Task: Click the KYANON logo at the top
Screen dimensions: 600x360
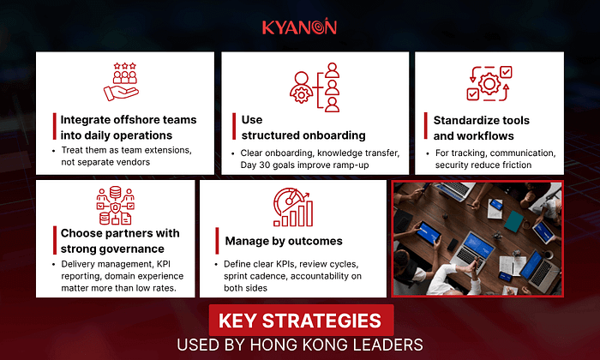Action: [299, 27]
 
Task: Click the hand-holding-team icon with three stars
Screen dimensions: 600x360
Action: [122, 82]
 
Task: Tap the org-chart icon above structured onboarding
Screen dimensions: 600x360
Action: [315, 87]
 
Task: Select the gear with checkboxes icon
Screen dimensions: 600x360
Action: [489, 83]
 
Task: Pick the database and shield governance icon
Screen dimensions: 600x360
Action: [115, 206]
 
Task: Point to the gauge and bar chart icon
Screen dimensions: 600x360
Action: [293, 207]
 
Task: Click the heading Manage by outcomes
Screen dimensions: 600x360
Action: [284, 241]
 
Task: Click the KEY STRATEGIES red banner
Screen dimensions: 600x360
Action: [301, 321]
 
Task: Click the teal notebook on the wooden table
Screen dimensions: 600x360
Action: [513, 221]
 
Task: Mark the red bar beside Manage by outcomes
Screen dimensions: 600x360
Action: [217, 241]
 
